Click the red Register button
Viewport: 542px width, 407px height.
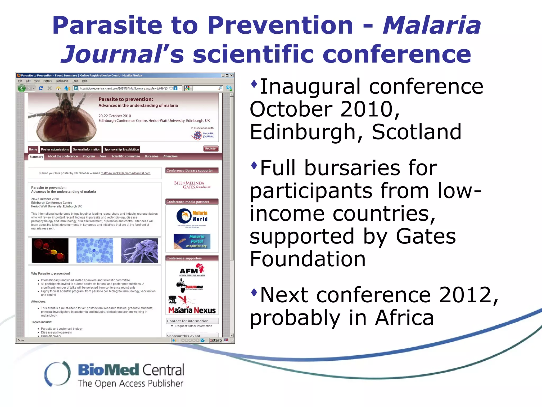(x=211, y=149)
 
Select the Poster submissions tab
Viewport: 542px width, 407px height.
(x=55, y=149)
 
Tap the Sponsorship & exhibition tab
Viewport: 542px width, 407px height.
(x=121, y=149)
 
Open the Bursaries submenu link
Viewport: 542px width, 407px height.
(x=151, y=156)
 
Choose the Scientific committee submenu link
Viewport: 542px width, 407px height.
(x=125, y=156)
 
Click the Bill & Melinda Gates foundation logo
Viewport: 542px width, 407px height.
(x=192, y=185)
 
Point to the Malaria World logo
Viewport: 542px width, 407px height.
(x=192, y=216)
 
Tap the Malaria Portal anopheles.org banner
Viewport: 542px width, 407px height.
(x=192, y=241)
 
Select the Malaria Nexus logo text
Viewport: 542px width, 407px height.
(x=192, y=310)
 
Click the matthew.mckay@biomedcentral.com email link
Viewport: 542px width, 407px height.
(x=125, y=173)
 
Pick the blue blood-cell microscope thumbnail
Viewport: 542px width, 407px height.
(x=95, y=250)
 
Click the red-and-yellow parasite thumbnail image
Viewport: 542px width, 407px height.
(x=50, y=250)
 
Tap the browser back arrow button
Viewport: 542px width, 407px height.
(x=22, y=88)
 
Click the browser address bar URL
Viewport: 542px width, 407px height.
(x=124, y=89)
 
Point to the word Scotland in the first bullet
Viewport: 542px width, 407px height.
(x=417, y=132)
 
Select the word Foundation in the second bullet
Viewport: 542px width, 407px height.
(x=308, y=259)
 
